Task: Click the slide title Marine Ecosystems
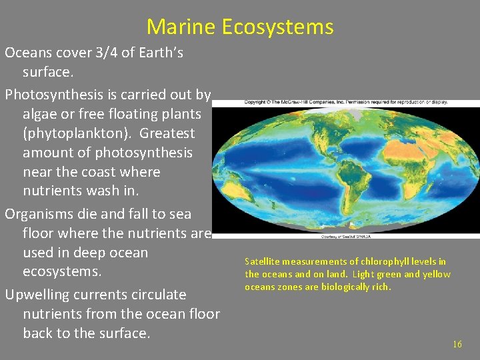(240, 27)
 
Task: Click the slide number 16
(457, 344)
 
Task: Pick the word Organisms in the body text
(38, 214)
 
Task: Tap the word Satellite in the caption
(263, 261)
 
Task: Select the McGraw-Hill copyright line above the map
(337, 102)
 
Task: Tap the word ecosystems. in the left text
(61, 272)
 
